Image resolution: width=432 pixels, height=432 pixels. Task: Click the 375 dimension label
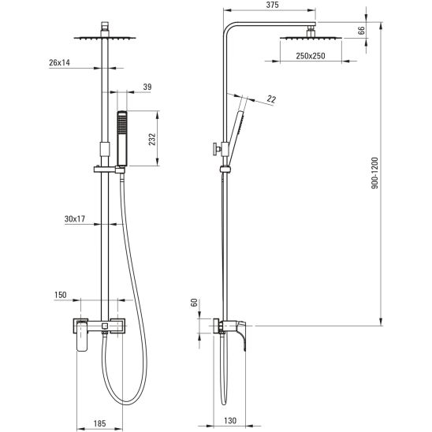tap(273, 5)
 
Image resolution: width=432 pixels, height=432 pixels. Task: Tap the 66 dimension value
tap(362, 30)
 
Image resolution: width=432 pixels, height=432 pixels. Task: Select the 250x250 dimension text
tap(311, 56)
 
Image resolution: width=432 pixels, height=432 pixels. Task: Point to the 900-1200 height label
tap(375, 173)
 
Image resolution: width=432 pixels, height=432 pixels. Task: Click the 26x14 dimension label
tap(59, 62)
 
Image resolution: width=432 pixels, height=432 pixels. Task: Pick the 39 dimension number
tap(147, 87)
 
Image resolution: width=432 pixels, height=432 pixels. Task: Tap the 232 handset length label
tap(152, 140)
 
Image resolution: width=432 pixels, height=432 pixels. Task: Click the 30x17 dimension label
tap(75, 219)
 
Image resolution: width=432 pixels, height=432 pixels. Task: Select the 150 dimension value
tap(61, 295)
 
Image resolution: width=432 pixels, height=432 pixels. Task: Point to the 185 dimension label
tap(100, 423)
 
